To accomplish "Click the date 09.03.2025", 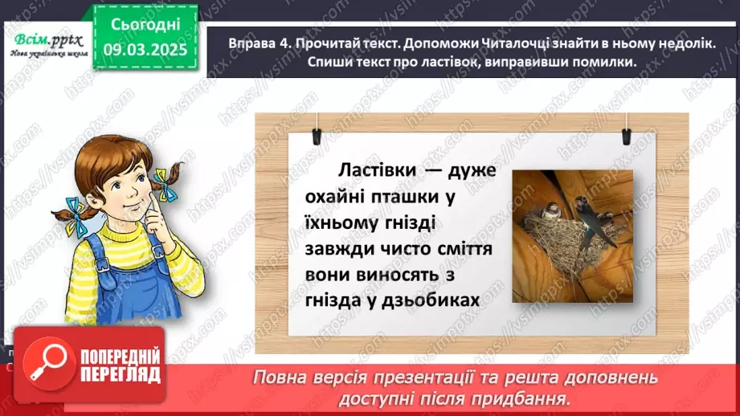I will point(145,50).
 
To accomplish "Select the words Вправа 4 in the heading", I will point(257,44).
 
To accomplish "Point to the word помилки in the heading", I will point(599,63).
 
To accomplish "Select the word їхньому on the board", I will point(345,222).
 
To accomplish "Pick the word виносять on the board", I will point(398,274).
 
